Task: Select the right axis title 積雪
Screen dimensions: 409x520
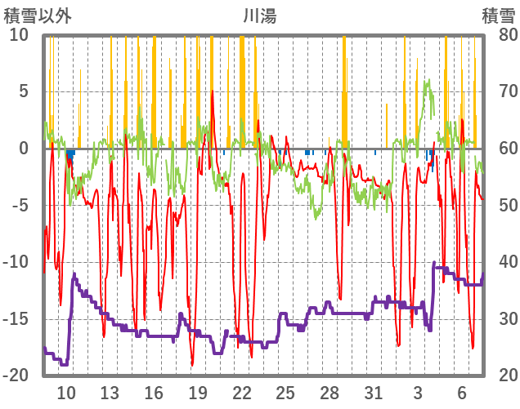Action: [x=498, y=16]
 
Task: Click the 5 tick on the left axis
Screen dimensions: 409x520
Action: [x=24, y=91]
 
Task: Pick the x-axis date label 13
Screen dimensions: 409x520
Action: [x=110, y=393]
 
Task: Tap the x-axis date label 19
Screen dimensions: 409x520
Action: [x=197, y=393]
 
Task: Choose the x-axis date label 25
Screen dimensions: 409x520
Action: [x=285, y=393]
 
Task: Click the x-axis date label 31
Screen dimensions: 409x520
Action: [x=373, y=393]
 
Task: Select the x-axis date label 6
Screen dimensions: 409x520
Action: [x=461, y=393]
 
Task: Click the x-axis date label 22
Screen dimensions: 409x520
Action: [x=241, y=393]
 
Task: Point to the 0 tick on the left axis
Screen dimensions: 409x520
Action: [x=24, y=149]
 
